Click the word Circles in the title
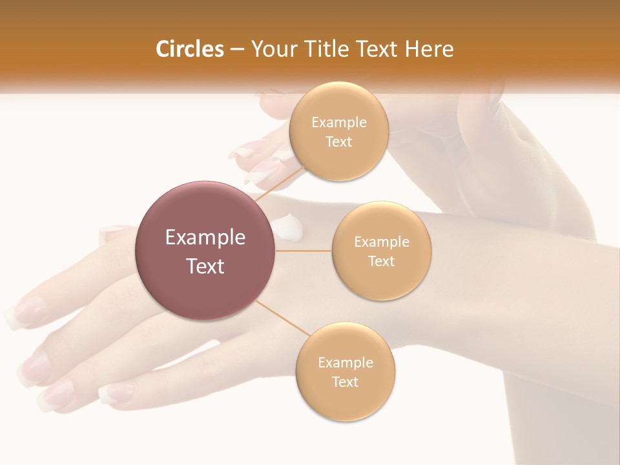coord(189,49)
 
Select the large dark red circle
coord(205,251)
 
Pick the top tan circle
coord(338,132)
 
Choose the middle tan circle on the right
coord(382,251)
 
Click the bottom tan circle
coord(346,371)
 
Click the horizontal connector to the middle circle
coord(304,251)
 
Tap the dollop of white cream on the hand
coord(288,225)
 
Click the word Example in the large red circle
coord(205,238)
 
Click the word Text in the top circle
coord(338,142)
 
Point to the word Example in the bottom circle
coord(346,362)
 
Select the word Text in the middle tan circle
coord(382,262)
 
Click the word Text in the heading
coord(378,49)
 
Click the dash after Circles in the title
coord(236,50)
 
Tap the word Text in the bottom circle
coord(346,382)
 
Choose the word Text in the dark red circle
coord(205,266)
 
